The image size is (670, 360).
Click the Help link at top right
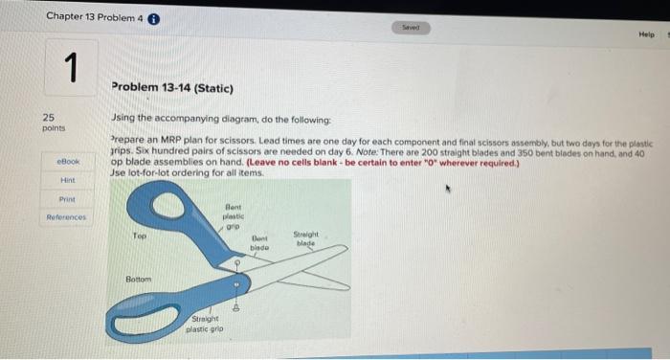[x=646, y=34]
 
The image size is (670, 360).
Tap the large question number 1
[x=70, y=70]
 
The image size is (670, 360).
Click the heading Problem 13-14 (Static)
[x=172, y=88]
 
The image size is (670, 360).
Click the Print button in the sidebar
[x=66, y=199]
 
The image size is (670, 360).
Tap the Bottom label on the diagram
[x=140, y=279]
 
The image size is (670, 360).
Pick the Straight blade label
[x=305, y=238]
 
